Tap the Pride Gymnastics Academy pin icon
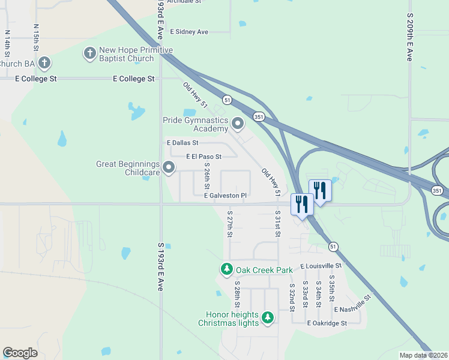pos(238,124)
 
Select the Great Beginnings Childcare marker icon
pos(169,168)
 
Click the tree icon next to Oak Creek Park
pos(227,269)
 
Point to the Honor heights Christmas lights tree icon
pos(268,317)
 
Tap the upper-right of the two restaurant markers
pos(319,191)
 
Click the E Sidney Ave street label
pos(189,32)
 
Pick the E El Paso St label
pos(203,157)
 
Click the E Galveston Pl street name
pos(225,196)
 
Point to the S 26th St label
pos(207,173)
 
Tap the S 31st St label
pos(278,222)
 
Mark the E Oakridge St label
pos(327,323)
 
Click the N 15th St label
pos(36,36)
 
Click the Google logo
pos(20,353)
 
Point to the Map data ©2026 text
pos(423,355)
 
